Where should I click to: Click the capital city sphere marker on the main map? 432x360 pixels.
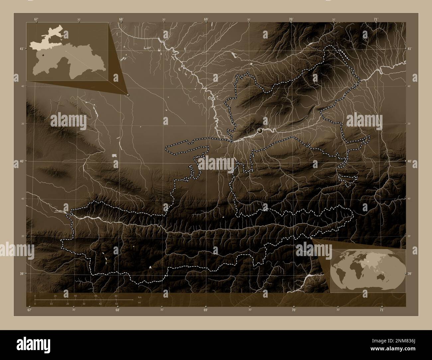pyautogui.click(x=260, y=131)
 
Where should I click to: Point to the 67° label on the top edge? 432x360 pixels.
pyautogui.click(x=36, y=19)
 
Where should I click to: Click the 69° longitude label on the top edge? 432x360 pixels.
pyautogui.click(x=206, y=19)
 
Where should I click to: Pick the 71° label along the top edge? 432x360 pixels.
pyautogui.click(x=376, y=19)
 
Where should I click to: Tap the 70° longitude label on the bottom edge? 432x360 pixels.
pyautogui.click(x=294, y=310)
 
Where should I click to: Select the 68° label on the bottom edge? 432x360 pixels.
pyautogui.click(x=118, y=310)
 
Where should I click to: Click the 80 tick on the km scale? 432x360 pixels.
pyautogui.click(x=116, y=296)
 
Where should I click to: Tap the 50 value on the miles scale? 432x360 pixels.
pyautogui.click(x=116, y=304)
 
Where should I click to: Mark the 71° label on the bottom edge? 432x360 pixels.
pyautogui.click(x=382, y=310)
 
